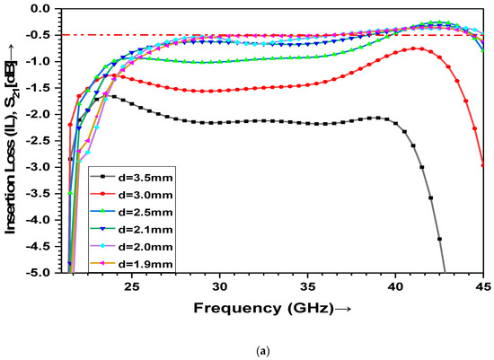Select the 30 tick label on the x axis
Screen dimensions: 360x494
pyautogui.click(x=219, y=286)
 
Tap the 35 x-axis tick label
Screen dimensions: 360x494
pyautogui.click(x=307, y=286)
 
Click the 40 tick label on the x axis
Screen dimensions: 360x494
pyautogui.click(x=395, y=286)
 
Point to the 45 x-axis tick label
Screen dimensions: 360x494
pyautogui.click(x=481, y=286)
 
